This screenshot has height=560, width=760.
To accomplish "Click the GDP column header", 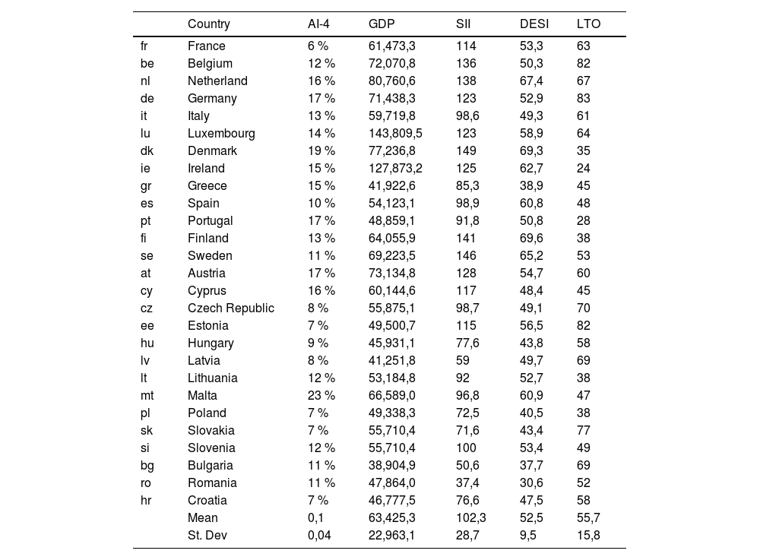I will point(382,24).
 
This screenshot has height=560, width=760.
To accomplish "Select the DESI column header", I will point(534,24).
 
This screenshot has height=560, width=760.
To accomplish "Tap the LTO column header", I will point(588,24).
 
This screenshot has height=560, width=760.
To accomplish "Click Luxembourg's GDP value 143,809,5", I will point(395,134).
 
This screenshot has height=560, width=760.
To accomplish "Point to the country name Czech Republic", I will point(231,308).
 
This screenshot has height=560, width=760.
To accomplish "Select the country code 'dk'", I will point(147,151).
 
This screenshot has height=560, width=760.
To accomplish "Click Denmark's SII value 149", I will point(466,151).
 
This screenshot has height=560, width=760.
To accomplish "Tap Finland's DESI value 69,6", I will point(531,239).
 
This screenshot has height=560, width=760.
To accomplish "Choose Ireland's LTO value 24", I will point(583,169).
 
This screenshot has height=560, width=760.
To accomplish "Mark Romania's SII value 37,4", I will point(467,483).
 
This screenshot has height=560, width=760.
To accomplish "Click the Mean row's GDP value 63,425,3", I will point(391,518).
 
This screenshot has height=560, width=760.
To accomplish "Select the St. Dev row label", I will point(207,536).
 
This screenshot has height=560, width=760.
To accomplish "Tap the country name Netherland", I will point(217,81).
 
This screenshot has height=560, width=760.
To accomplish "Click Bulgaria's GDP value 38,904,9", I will point(391,466).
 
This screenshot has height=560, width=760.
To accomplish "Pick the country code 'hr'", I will point(146,501).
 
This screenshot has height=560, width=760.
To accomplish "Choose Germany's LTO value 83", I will point(583,99).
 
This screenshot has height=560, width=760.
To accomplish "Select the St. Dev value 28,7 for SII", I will point(467,536).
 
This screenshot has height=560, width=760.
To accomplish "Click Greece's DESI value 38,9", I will point(531,186).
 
